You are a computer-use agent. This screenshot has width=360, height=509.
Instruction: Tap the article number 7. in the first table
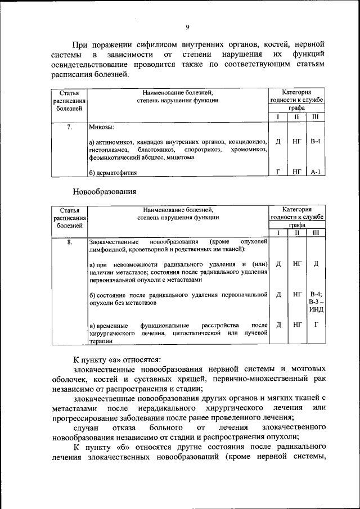click(x=69, y=127)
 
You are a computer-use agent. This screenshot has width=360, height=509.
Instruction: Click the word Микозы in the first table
click(x=102, y=127)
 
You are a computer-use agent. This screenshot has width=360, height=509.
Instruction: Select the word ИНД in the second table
click(x=316, y=310)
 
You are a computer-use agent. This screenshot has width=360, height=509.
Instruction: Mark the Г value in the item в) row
click(x=316, y=325)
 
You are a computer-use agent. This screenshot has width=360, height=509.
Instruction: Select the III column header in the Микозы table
click(x=316, y=117)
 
